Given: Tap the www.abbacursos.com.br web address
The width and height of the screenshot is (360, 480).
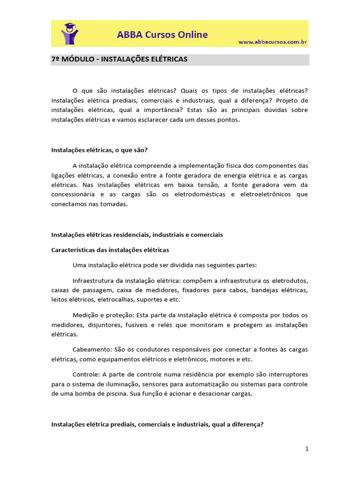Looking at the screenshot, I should click(272, 42).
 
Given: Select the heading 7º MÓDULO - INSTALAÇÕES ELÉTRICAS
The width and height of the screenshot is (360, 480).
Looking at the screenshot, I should click(119, 60).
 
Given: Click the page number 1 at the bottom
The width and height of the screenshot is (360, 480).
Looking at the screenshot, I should click(307, 449).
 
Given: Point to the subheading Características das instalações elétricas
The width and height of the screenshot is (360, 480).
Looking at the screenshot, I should click(110, 250).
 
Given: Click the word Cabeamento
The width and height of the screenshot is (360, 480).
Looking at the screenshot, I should click(91, 350).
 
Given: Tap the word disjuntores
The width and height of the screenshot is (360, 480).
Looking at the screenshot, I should click(100, 325).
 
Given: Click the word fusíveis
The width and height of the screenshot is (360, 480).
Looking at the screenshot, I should click(138, 325).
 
